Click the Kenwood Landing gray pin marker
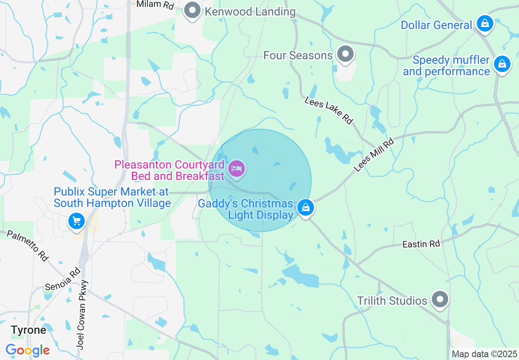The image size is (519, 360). click(192, 10)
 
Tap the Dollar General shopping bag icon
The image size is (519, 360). click(485, 24)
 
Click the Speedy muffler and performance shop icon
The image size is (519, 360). click(502, 64)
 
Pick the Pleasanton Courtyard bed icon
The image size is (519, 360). click(237, 169)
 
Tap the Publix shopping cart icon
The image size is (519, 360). click(76, 221)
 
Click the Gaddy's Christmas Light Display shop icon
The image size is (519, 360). click(305, 207)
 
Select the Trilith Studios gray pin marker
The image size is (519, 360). click(440, 299)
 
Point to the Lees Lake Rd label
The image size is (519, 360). click(329, 110)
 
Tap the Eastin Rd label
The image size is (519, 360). click(421, 244)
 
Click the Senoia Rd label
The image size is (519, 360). click(63, 279)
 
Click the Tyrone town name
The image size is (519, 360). click(28, 330)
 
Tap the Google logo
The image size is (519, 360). click(27, 350)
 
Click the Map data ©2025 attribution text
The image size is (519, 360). click(484, 354)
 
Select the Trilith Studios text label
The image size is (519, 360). click(392, 301)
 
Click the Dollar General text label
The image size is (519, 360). click(436, 25)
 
